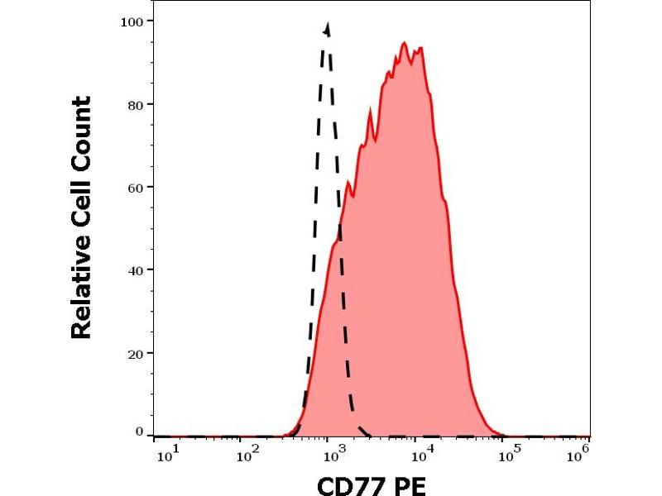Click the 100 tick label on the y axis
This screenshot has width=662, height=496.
coord(132,21)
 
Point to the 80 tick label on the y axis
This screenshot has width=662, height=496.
coord(136,104)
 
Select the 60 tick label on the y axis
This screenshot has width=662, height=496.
coord(136,187)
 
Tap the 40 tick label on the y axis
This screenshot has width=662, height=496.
coord(136,269)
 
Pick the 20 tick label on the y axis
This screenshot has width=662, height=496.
coord(136,353)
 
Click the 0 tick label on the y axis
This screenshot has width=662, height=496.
coord(139,432)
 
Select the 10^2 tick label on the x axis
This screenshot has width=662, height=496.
coord(247,453)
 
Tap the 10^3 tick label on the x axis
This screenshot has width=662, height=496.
coord(334,453)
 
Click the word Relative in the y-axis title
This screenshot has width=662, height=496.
coord(81,293)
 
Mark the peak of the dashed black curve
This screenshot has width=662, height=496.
coord(328,26)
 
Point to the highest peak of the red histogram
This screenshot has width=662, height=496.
coord(405,43)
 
